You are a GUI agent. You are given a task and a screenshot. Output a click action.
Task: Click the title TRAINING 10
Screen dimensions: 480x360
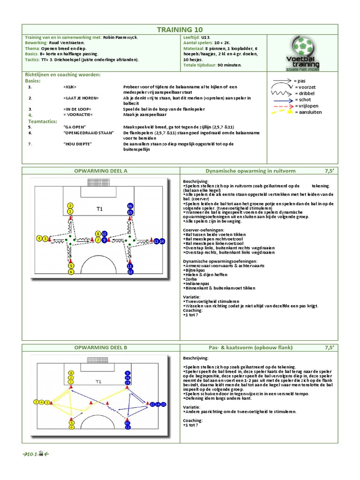click(180, 30)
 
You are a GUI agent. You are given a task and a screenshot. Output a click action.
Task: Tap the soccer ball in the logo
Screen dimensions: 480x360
click(304, 46)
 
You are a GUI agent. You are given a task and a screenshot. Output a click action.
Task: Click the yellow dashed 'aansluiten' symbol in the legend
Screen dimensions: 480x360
click(282, 112)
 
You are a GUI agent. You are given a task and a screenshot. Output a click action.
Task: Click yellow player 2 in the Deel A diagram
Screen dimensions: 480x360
click(70, 206)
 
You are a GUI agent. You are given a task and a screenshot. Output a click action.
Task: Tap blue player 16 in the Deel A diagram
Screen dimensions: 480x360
click(130, 206)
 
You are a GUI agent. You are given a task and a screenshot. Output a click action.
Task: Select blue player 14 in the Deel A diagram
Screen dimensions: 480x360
click(162, 241)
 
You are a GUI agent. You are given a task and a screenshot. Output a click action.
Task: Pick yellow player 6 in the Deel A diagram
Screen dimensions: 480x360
click(70, 271)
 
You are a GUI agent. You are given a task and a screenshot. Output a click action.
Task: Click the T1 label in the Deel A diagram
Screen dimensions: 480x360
click(99, 209)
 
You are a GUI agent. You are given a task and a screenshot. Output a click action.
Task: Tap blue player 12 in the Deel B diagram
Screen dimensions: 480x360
click(127, 427)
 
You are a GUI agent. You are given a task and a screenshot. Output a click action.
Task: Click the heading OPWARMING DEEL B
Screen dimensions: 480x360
click(101, 347)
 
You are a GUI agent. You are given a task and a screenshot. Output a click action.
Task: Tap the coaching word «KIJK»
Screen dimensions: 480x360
click(69, 87)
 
